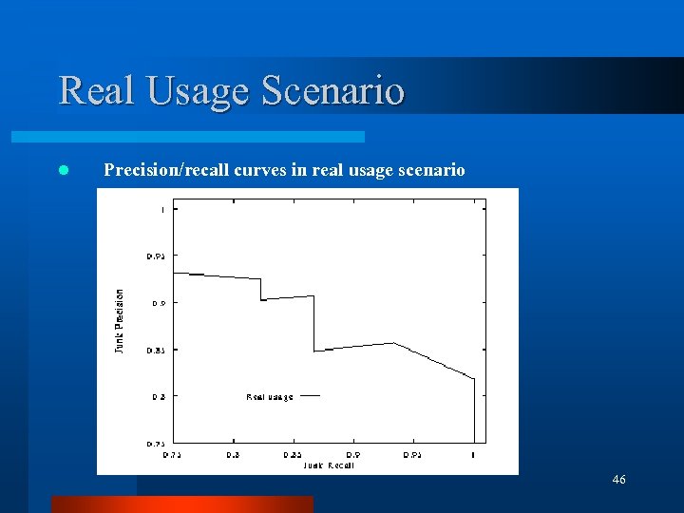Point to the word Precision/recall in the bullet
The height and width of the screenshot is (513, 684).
point(167,170)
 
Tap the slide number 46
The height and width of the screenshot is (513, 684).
point(618,480)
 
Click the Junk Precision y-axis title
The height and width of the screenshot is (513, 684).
point(120,321)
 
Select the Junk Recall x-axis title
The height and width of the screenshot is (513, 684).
point(329,465)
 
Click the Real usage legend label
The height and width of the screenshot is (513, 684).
point(270,396)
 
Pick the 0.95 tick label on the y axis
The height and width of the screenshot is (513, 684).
point(155,256)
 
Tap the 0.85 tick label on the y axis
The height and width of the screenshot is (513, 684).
point(155,350)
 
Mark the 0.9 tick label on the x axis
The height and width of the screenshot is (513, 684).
point(352,455)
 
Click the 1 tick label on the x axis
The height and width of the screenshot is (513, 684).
point(473,455)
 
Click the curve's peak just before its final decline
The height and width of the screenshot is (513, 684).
point(394,343)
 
